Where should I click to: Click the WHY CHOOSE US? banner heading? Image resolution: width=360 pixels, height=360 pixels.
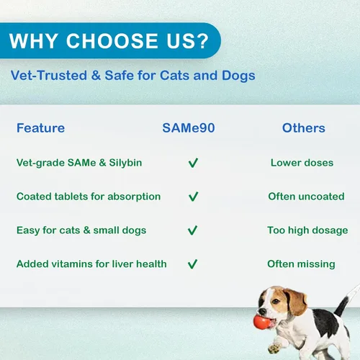(109, 41)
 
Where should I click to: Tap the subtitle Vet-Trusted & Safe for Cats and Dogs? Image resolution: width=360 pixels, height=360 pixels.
(133, 76)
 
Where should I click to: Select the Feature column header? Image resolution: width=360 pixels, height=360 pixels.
(40, 128)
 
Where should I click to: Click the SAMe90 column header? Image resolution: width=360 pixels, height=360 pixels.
(189, 128)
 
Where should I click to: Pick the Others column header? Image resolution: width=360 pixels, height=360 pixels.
(304, 128)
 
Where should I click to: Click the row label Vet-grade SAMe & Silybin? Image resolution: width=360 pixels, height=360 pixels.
(79, 163)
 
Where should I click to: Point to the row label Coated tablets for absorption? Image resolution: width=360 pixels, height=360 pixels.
(89, 197)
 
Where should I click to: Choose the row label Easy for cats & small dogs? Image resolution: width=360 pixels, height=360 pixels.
(81, 230)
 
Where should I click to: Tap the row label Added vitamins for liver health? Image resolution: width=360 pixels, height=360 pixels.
(91, 264)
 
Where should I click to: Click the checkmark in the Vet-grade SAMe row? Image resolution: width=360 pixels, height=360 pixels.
(193, 163)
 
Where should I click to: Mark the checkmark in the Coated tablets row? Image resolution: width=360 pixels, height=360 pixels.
(193, 197)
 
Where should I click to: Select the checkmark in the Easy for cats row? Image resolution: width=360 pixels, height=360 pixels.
(192, 230)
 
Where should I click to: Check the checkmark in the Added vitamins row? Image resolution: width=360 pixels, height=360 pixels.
(192, 264)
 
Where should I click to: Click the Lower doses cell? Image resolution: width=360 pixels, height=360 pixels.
(302, 163)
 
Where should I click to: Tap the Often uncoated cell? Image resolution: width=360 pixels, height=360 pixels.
(306, 197)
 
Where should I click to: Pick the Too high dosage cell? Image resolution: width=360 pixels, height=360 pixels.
(307, 230)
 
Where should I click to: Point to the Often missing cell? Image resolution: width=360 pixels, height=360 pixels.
(301, 264)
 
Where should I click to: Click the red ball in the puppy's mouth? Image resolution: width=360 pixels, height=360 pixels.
(262, 322)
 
